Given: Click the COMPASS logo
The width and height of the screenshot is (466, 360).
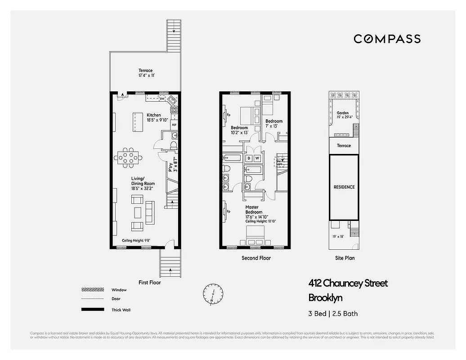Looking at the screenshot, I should (x=387, y=39).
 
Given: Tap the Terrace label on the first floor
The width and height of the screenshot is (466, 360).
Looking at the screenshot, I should (x=145, y=71).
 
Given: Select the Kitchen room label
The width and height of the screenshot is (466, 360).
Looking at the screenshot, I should (x=154, y=115).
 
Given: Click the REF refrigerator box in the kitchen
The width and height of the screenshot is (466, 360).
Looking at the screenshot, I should (x=174, y=124).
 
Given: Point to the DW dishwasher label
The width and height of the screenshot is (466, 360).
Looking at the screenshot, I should (x=162, y=99).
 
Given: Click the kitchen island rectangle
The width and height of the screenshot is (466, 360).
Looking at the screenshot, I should (x=136, y=121).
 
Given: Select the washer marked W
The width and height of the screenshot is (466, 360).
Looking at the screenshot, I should (x=257, y=158).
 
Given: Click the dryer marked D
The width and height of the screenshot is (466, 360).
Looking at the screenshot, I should (x=249, y=158).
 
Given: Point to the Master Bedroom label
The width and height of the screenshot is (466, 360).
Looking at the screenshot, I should (x=254, y=209).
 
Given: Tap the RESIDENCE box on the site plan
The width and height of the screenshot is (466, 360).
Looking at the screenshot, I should (x=344, y=187).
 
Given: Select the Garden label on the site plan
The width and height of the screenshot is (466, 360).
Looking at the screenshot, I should (x=343, y=113).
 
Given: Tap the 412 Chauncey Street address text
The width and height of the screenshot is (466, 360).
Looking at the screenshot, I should (x=348, y=283).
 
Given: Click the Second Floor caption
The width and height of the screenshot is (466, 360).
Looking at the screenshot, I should (x=256, y=258).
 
